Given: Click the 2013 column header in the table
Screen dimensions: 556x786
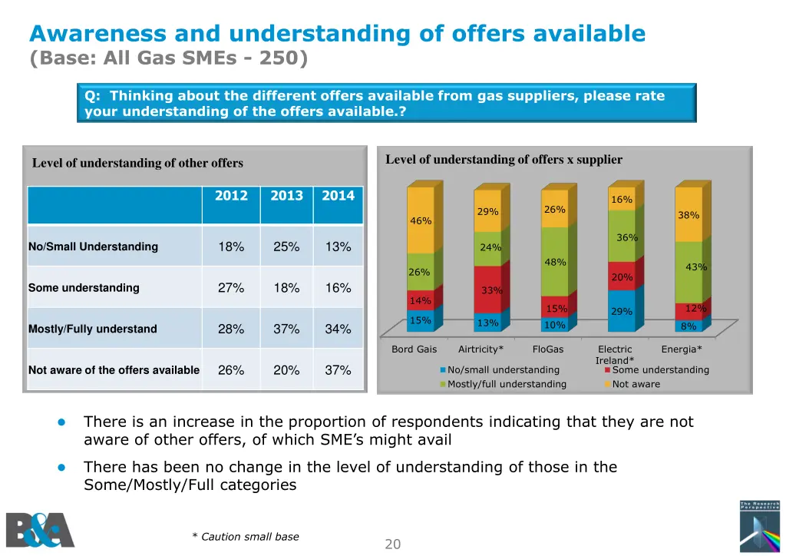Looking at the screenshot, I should tap(286, 196).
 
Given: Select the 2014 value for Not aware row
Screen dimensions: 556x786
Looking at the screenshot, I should tap(338, 370).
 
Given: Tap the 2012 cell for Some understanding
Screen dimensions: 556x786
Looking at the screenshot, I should tap(231, 288).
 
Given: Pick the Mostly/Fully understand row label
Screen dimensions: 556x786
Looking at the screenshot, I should tap(93, 329).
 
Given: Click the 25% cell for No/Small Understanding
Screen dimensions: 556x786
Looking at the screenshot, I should tap(286, 247).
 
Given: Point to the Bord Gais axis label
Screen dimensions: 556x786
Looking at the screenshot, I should tap(414, 349).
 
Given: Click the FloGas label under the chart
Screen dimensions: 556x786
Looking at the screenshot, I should tap(548, 349).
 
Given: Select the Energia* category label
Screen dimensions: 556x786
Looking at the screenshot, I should tap(682, 349).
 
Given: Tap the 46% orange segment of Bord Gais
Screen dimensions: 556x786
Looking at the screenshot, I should tap(421, 221).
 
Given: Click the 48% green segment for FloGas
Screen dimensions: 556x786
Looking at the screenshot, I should tap(555, 262).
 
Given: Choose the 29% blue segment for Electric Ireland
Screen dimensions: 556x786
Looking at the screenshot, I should tap(621, 311).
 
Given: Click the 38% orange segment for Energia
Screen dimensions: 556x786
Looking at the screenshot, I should tap(688, 215).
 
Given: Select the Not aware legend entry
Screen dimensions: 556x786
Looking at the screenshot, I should tap(636, 384).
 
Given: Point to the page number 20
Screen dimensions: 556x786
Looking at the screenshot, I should tap(393, 544).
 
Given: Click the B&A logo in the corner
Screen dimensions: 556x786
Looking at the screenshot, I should tap(40, 530).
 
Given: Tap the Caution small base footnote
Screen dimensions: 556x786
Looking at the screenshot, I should tap(246, 537).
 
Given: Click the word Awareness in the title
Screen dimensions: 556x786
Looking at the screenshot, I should tap(97, 34).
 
